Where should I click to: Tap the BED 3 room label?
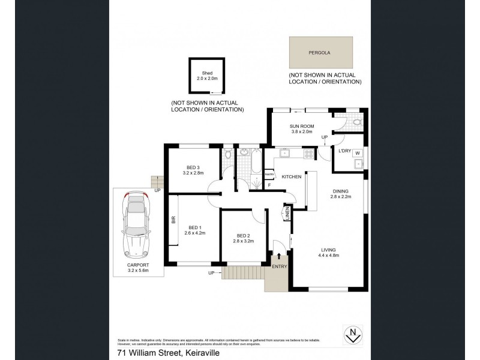[x=193, y=169]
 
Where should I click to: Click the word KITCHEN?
[x=292, y=177]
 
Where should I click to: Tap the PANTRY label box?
[x=269, y=175]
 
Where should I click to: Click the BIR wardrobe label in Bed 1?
[x=173, y=221]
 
